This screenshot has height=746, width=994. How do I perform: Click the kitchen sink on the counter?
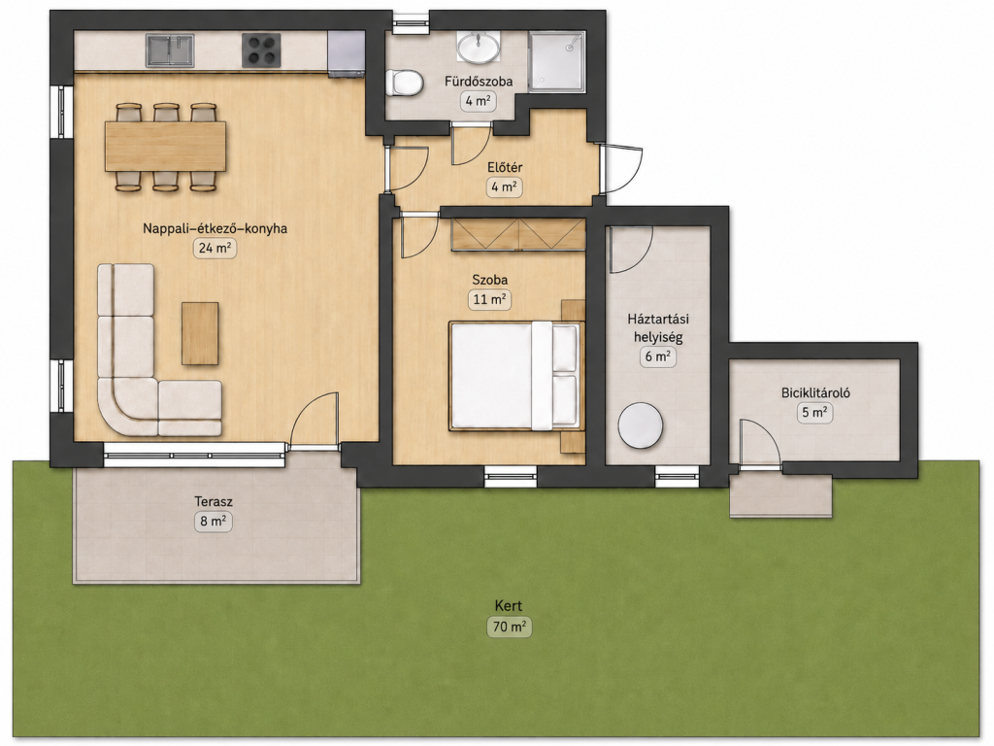[x=170, y=51]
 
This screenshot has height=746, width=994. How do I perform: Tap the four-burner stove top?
[x=261, y=51]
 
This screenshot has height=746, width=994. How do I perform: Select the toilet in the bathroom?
[x=407, y=84]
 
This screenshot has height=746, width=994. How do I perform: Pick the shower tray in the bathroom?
[x=556, y=62]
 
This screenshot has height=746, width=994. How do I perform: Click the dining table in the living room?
[x=165, y=147]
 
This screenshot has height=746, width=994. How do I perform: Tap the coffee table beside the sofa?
[x=200, y=333]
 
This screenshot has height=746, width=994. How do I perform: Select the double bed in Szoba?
[x=515, y=376]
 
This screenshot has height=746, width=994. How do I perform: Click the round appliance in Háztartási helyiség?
[x=641, y=425]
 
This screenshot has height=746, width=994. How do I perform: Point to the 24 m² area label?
[x=215, y=248]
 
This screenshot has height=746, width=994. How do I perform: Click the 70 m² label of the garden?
[x=509, y=627]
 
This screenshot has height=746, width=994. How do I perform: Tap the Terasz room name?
[x=214, y=502]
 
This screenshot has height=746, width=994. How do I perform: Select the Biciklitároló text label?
[x=815, y=392]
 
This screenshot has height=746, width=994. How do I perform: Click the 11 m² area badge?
[x=489, y=299]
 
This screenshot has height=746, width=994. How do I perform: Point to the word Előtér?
[x=505, y=168]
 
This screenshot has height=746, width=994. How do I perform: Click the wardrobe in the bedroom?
[x=518, y=234]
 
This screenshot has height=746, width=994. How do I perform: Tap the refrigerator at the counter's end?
[x=346, y=54]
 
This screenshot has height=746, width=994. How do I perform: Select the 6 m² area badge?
[x=657, y=356]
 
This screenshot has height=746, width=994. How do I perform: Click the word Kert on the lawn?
[x=509, y=606]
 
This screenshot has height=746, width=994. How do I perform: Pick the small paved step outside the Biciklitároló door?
[x=780, y=495]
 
